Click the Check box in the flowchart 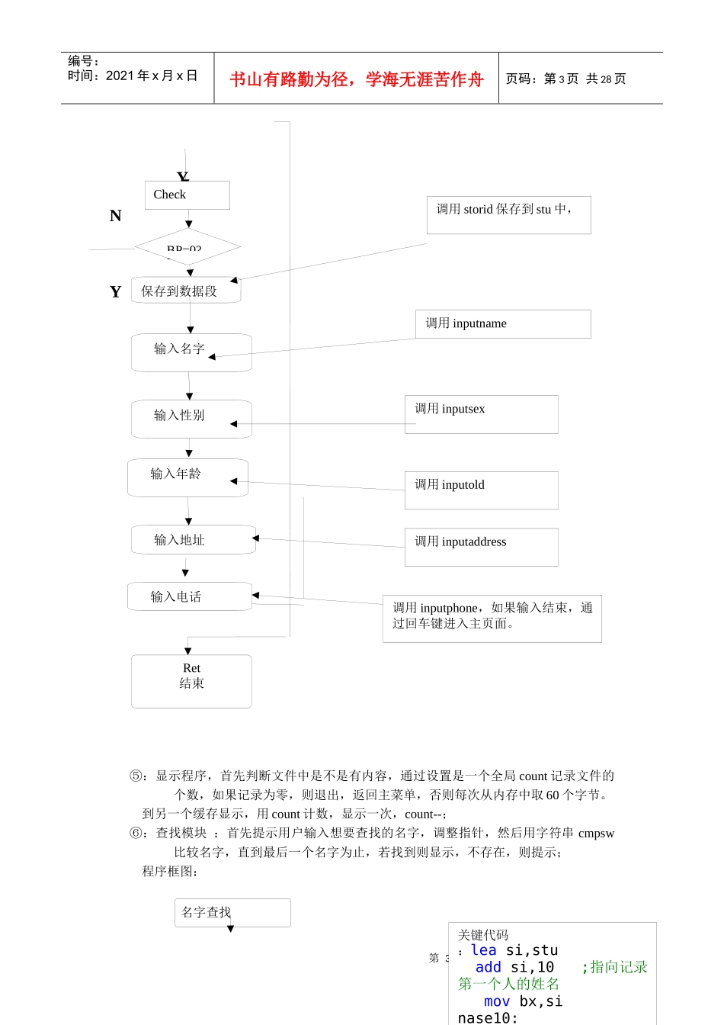click(187, 195)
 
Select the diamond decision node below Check click(187, 246)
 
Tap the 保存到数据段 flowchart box click(186, 291)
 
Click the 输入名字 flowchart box click(191, 352)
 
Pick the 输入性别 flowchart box click(191, 419)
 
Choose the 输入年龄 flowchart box click(187, 477)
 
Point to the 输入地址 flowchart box click(193, 540)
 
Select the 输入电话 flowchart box click(189, 596)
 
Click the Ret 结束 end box click(191, 680)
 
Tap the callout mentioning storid click(508, 215)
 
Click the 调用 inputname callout click(503, 324)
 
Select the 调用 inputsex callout click(481, 414)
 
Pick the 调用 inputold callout click(481, 490)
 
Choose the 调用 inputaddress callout click(481, 547)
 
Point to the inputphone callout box click(492, 619)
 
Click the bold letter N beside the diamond click(116, 216)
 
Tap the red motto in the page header click(357, 79)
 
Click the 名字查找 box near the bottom click(232, 912)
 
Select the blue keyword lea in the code click(484, 950)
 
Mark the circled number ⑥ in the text click(136, 833)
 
